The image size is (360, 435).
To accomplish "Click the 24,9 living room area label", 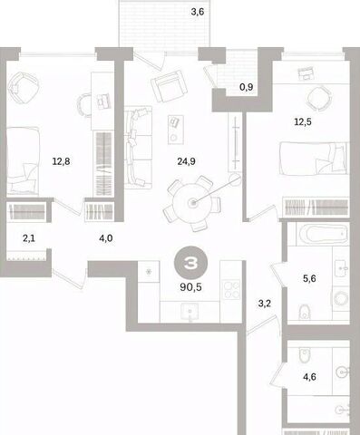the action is [x=186, y=161].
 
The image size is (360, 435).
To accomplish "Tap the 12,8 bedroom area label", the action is [x=61, y=161].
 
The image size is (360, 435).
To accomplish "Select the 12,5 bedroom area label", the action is [x=303, y=122].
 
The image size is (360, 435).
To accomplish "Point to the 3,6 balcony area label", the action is [x=198, y=12].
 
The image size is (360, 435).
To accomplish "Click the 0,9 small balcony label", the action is [x=247, y=87].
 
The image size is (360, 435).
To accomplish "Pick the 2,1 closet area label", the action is [x=29, y=238].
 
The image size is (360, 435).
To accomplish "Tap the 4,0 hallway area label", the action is [x=106, y=238].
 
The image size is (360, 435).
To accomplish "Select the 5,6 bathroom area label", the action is [x=309, y=278].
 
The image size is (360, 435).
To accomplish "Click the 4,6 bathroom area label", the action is [x=309, y=377].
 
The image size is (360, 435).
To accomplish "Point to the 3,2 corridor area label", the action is [x=265, y=304].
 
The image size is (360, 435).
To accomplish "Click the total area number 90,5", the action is [x=190, y=287].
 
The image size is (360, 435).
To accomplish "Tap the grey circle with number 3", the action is [x=190, y=264].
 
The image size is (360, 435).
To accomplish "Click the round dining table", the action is [x=192, y=202].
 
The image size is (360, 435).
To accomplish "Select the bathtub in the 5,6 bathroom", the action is [x=322, y=235].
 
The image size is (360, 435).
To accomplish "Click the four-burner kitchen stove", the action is [x=231, y=290].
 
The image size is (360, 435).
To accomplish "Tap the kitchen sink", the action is [x=190, y=312].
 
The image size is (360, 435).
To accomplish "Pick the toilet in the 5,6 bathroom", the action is [x=305, y=313].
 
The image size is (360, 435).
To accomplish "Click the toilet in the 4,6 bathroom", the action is [x=305, y=355].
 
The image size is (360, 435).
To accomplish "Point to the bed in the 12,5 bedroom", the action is [x=313, y=159].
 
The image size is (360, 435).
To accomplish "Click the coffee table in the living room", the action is [x=176, y=130].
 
